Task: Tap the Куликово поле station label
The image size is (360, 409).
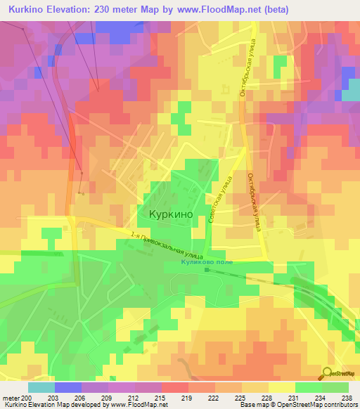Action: tap(206, 261)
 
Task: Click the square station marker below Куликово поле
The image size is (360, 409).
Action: tap(207, 268)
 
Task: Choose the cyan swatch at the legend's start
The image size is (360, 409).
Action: tap(41, 387)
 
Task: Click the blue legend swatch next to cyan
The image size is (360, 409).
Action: tap(67, 387)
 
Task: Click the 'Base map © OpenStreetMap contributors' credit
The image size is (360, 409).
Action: tap(297, 405)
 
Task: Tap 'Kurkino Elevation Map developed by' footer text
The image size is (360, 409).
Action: tap(53, 405)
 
